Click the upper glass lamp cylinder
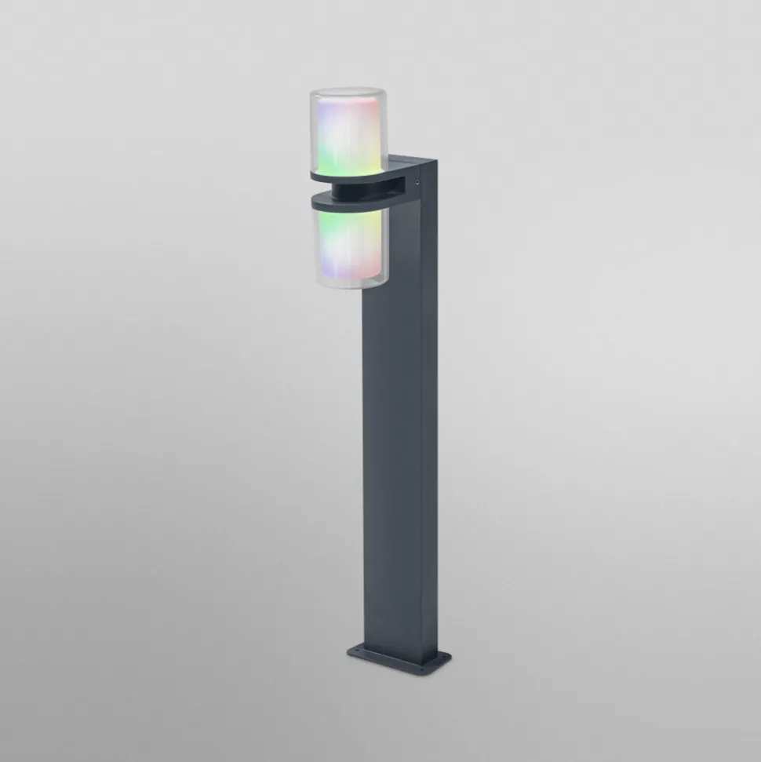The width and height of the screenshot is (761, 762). (345, 133)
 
